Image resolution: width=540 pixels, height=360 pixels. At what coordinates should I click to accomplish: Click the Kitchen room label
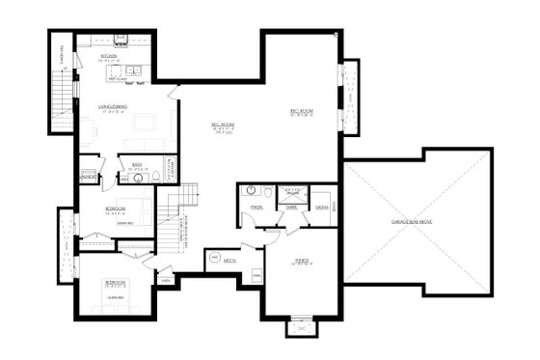coord(109,57)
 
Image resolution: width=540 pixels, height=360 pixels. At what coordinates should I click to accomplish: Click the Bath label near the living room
coord(137,165)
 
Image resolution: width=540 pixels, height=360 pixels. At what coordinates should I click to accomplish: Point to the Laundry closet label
coord(89,178)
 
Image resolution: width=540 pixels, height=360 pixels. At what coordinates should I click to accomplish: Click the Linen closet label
coord(165,280)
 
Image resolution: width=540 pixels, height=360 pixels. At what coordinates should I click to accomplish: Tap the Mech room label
coord(230,260)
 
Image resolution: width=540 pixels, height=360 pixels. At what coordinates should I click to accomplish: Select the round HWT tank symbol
coord(214,256)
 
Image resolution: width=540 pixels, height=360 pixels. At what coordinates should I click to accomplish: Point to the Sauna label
coord(319,206)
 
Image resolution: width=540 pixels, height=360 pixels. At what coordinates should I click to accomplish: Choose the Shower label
coord(290,206)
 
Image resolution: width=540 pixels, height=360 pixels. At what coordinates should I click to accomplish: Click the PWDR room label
coord(257,206)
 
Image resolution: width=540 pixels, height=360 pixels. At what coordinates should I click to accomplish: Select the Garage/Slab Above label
coord(418,220)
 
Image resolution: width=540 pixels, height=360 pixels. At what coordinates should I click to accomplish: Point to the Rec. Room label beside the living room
coord(224,126)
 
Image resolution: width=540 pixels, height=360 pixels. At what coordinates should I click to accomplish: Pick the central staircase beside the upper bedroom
coord(171,225)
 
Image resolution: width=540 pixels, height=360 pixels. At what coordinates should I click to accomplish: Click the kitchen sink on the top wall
coord(122,42)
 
